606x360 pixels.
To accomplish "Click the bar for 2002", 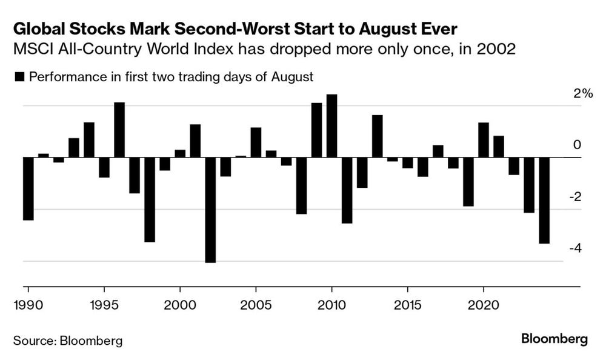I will (210, 210).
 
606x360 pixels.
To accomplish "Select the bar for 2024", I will (544, 200).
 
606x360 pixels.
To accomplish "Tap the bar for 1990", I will (28, 188).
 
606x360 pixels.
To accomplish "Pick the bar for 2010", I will (331, 126).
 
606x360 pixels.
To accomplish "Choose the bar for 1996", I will (119, 130).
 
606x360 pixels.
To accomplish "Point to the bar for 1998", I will (150, 199).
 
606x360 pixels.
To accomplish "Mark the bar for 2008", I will (301, 185).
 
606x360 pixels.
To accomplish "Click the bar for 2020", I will (483, 140).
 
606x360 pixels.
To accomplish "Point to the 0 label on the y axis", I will (577, 145).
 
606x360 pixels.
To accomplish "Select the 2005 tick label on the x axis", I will (255, 302).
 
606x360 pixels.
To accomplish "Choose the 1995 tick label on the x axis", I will (104, 302).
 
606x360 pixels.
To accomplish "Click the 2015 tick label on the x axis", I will (407, 302).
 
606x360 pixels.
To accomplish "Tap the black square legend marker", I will (19, 77).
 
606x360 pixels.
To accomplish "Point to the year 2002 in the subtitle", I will (495, 50).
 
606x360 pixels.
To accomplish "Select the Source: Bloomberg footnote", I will (67, 341).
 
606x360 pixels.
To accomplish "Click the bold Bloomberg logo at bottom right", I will (554, 339).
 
